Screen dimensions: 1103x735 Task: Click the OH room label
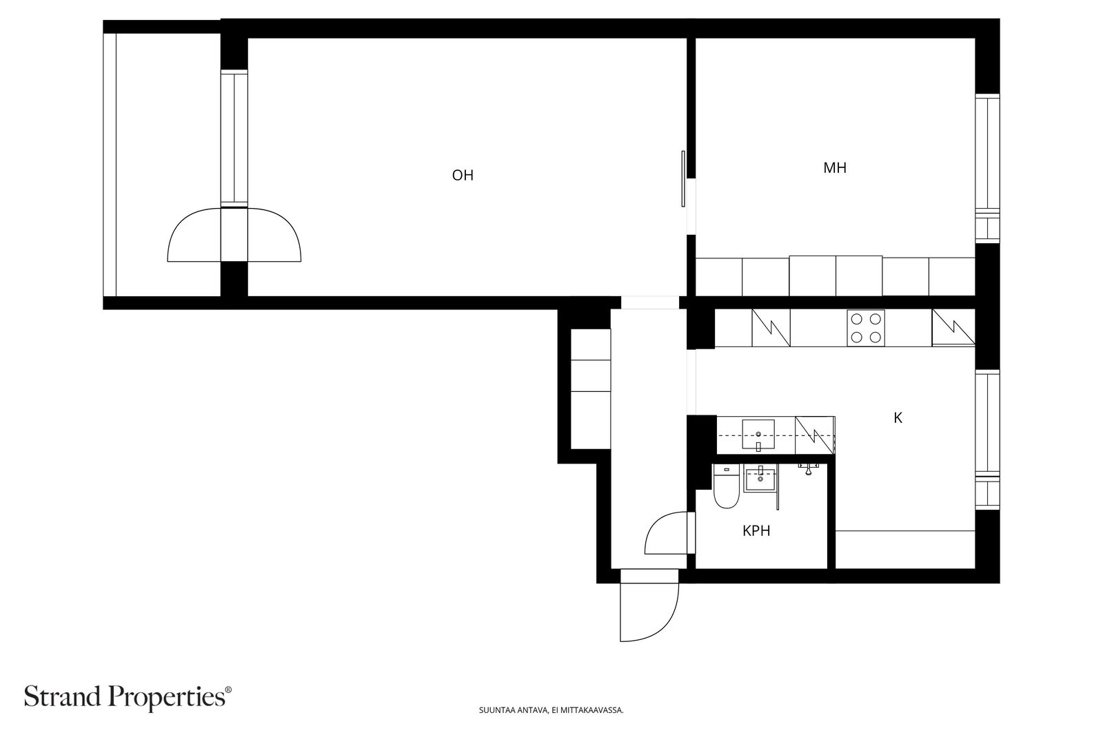click(463, 175)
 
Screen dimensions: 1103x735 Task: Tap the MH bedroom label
click(835, 168)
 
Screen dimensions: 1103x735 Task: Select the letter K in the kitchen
click(898, 417)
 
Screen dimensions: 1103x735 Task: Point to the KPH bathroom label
click(756, 531)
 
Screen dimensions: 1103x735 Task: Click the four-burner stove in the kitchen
click(866, 328)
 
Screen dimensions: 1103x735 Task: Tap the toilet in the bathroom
click(726, 486)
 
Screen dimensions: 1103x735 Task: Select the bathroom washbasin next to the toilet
click(761, 479)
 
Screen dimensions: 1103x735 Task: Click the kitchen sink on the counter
click(758, 435)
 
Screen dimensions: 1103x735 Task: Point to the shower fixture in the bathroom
click(808, 468)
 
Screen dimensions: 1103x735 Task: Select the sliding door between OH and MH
click(683, 178)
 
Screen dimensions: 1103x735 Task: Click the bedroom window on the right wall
click(987, 168)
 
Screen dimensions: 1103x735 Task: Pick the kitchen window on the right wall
click(987, 439)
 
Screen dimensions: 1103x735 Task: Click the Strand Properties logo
click(128, 697)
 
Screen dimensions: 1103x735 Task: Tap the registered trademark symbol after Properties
click(228, 690)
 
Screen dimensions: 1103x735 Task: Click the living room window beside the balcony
click(234, 138)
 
